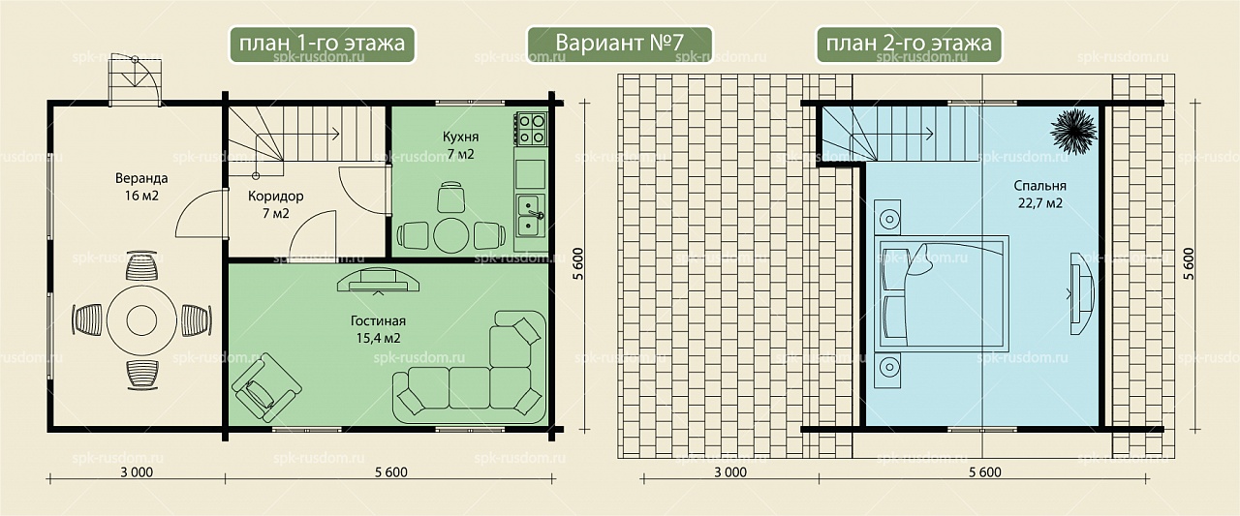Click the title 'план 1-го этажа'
click(322, 44)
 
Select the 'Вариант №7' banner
click(619, 44)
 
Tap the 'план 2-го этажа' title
click(909, 44)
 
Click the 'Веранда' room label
click(141, 178)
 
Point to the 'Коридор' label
click(276, 197)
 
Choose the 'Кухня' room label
click(460, 137)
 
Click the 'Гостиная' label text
click(378, 320)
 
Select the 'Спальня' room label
click(1040, 186)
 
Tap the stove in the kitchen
click(531, 129)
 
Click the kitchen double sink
click(531, 215)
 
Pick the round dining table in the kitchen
click(451, 236)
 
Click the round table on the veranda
click(141, 320)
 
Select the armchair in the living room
click(266, 387)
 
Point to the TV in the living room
click(378, 281)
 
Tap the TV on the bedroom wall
click(1081, 293)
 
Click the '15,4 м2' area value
click(378, 338)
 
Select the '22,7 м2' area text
click(1040, 203)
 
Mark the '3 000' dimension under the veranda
click(137, 472)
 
